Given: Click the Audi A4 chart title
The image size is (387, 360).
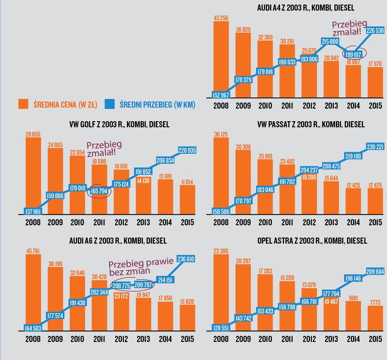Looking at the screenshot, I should click(x=306, y=8).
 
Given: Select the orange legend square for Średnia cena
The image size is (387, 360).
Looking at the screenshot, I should click(x=24, y=104).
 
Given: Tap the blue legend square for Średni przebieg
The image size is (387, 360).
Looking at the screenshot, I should click(x=110, y=104).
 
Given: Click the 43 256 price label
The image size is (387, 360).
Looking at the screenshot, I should click(x=221, y=18).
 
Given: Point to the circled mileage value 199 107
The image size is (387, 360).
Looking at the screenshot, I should click(x=353, y=54).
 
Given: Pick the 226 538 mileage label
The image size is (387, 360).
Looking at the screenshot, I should click(x=375, y=31).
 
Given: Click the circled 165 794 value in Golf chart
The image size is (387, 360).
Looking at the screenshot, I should click(x=99, y=191).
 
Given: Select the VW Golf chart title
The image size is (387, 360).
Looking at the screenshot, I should click(x=119, y=124).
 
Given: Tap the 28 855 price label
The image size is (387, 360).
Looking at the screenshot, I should click(x=33, y=134).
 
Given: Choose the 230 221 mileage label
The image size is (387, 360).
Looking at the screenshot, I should click(x=375, y=147).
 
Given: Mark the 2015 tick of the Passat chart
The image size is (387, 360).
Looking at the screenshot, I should click(x=375, y=222).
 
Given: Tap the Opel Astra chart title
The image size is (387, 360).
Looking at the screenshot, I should click(x=312, y=241).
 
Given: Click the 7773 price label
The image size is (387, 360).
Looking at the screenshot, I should click(x=375, y=303).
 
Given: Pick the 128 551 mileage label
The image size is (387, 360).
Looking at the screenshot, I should click(x=221, y=328).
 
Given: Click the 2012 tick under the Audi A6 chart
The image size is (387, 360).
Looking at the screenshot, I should click(x=121, y=339).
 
